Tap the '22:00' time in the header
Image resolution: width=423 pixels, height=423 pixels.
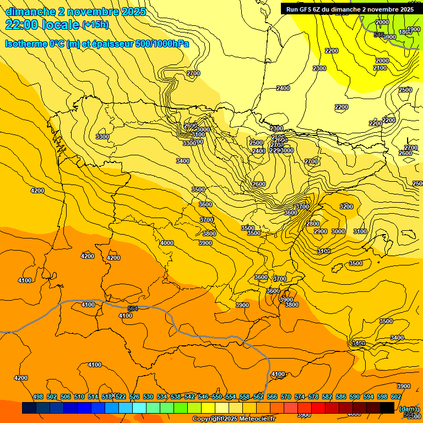21,25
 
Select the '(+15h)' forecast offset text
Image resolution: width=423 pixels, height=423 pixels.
95,25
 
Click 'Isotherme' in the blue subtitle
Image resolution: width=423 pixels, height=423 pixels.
25,44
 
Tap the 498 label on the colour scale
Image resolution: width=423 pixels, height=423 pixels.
38,397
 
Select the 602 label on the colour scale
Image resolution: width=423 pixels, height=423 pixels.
396,397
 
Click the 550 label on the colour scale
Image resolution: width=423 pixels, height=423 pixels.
217,397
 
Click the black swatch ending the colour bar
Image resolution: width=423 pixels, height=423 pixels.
387,408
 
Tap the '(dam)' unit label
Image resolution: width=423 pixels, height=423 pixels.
408,409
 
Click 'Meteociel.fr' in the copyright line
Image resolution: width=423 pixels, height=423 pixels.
255,419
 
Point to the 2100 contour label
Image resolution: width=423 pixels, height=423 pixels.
380,68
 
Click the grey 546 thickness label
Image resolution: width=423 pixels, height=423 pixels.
378,35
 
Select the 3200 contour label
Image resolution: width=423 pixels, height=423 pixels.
346,207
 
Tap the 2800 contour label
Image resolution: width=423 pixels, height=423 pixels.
313,224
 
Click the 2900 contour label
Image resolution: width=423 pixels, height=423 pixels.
321,231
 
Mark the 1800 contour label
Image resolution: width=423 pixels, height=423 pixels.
405,32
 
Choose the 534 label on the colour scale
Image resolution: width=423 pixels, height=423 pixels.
162,397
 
